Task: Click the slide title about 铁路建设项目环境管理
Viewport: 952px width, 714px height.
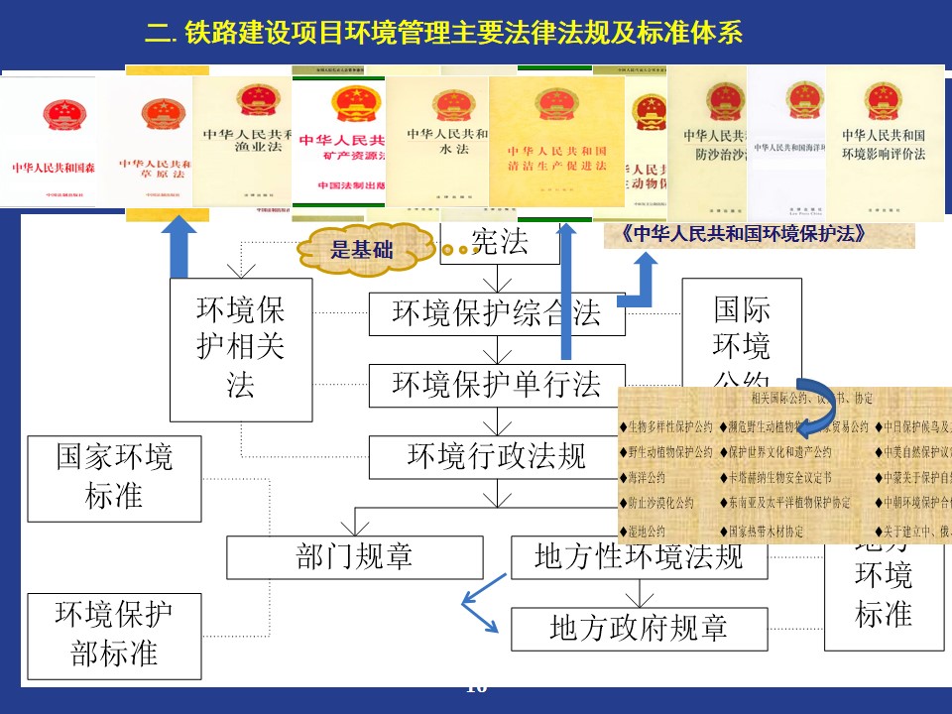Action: [443, 34]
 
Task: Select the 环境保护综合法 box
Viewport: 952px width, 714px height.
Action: [496, 313]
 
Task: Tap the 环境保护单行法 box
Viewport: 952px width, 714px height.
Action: [496, 385]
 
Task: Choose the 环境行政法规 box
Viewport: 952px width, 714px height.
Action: [496, 456]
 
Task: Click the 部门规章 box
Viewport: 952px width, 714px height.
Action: [354, 557]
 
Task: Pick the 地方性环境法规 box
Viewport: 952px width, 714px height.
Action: [639, 557]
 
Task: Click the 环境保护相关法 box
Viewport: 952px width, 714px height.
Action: [241, 349]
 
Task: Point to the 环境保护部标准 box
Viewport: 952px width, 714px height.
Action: [114, 635]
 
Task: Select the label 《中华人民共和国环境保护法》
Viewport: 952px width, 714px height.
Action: [759, 235]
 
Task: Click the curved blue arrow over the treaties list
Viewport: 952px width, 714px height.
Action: [819, 406]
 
